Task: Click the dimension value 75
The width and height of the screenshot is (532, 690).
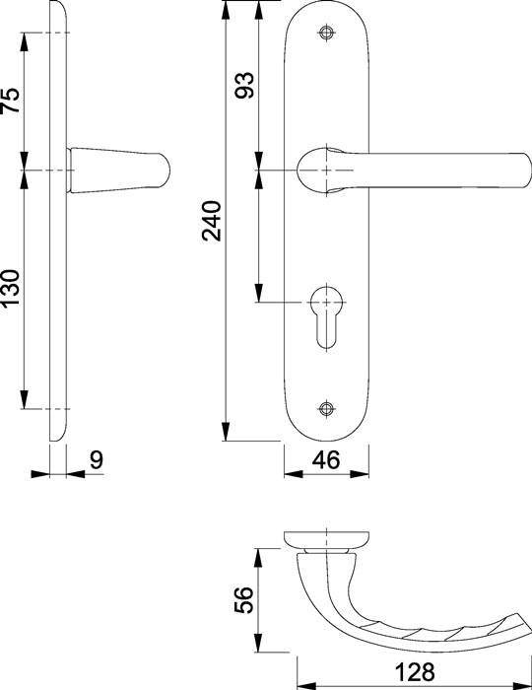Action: [11, 101]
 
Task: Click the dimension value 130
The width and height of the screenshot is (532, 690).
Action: [11, 288]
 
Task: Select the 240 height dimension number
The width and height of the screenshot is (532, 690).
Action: [212, 221]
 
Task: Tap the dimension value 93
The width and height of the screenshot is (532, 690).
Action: [244, 85]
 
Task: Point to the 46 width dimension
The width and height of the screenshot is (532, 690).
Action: [326, 460]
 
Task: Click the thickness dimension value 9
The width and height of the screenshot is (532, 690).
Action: [97, 460]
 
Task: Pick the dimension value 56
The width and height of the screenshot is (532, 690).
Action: [243, 599]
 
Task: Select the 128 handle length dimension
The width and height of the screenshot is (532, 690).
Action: [415, 672]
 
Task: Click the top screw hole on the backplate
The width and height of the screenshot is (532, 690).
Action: [326, 33]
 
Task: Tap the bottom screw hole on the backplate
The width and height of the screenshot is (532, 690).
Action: [326, 409]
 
